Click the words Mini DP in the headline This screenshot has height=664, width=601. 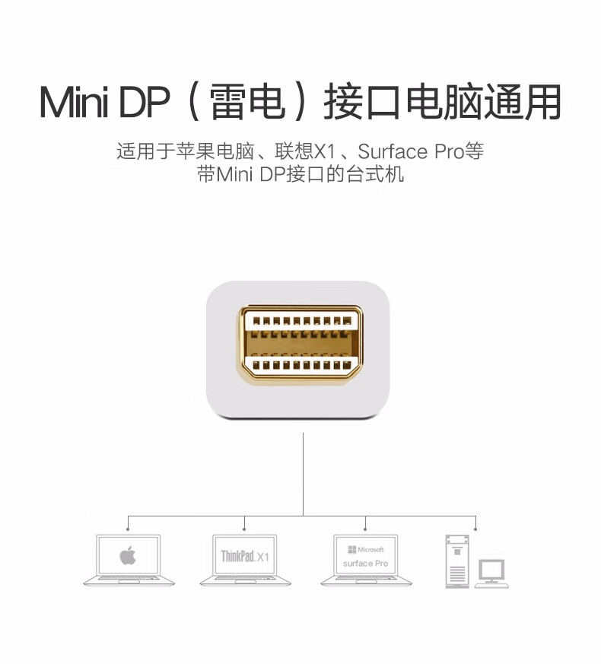(x=104, y=102)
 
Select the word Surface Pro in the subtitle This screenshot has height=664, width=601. (x=411, y=151)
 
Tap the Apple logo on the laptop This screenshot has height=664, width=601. (x=128, y=554)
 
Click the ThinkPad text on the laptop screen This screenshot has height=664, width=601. (x=237, y=555)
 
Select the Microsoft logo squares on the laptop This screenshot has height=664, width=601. (x=351, y=550)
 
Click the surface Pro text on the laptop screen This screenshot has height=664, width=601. (x=365, y=564)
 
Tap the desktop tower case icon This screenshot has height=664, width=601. (x=457, y=561)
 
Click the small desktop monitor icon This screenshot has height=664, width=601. (x=491, y=573)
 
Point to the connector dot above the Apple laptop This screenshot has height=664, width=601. (x=128, y=529)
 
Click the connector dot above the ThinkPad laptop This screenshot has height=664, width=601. (x=244, y=529)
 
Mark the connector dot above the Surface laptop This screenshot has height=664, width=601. (x=365, y=529)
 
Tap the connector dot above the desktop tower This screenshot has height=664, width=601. (x=475, y=529)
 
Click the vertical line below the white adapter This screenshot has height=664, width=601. (x=304, y=475)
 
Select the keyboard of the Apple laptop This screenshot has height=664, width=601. (x=129, y=578)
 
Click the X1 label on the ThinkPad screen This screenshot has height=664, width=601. (x=262, y=558)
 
